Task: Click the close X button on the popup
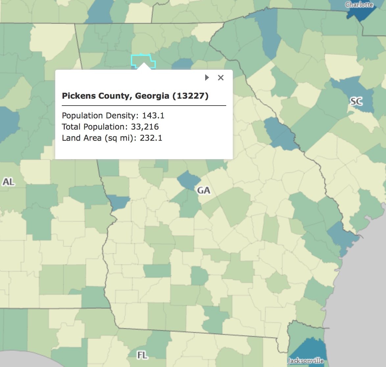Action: tap(221, 78)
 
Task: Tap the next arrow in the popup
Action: tap(207, 78)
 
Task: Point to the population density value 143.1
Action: tap(153, 116)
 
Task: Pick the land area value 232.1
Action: tap(151, 138)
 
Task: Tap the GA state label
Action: tap(204, 190)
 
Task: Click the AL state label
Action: tap(9, 182)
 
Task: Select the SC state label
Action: tap(356, 101)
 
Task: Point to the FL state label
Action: tap(142, 355)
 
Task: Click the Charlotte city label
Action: tap(359, 5)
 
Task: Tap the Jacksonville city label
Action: tap(305, 361)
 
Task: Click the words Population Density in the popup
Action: tap(99, 116)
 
